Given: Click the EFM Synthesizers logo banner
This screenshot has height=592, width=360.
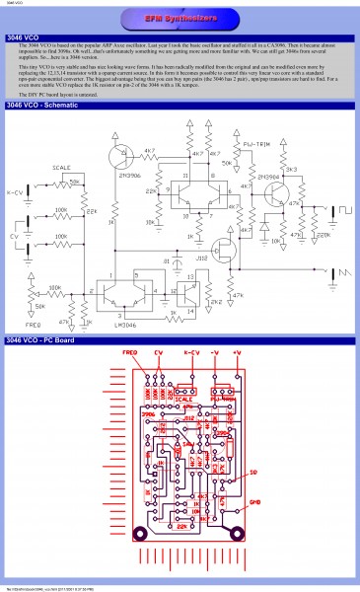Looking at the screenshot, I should point(180,19).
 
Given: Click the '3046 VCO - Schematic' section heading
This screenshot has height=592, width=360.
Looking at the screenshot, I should point(44,132).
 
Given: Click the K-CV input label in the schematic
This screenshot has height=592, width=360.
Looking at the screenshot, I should point(14,191).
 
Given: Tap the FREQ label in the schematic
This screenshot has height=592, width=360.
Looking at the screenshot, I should point(33,323).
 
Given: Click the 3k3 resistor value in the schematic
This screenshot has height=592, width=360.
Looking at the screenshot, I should point(293,170).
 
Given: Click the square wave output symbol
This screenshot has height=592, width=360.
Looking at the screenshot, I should point(346,210).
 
